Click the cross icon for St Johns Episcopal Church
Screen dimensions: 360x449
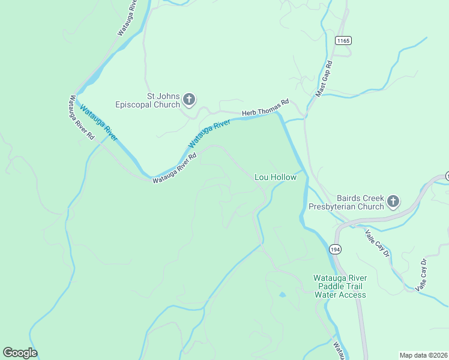pyautogui.click(x=189, y=99)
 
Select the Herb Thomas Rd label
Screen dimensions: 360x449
pyautogui.click(x=265, y=107)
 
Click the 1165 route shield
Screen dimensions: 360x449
pyautogui.click(x=343, y=40)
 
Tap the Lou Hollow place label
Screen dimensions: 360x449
pyautogui.click(x=276, y=178)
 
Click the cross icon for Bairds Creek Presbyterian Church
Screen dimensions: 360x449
pyautogui.click(x=393, y=201)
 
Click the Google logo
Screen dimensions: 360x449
pyautogui.click(x=20, y=353)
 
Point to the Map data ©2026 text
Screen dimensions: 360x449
pyautogui.click(x=424, y=355)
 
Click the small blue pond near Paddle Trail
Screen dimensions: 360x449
pyautogui.click(x=282, y=295)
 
